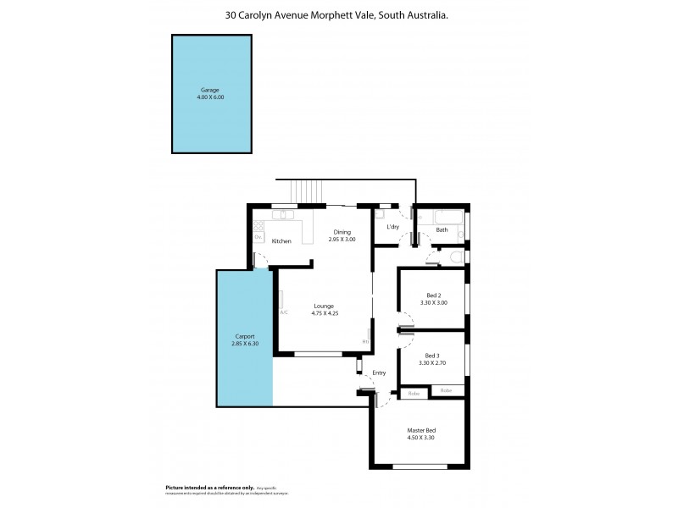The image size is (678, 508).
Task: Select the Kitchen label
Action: coord(281,241)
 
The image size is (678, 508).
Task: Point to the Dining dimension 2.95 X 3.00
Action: coord(342,240)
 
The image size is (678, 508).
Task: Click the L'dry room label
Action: coord(392,228)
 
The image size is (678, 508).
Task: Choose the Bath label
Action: coord(442,229)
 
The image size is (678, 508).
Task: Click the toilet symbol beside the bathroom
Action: coord(456,257)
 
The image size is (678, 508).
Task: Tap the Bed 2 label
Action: coord(432,295)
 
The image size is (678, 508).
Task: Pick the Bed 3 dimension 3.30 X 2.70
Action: coord(432,362)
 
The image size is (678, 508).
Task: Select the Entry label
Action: coord(378,373)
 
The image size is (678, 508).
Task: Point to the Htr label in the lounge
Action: coord(365,341)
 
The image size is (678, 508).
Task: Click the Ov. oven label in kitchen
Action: coord(258,237)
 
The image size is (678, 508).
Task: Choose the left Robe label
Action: coord(414,393)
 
